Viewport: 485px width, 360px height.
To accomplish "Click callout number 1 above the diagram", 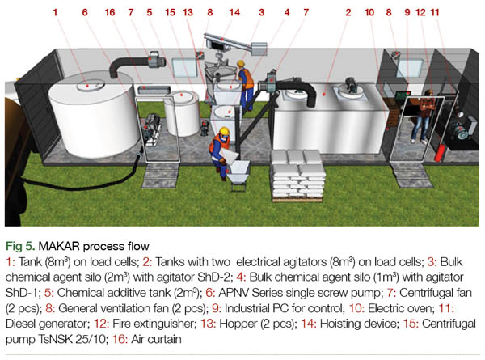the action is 55,12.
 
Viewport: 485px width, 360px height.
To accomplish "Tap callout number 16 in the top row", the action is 110,12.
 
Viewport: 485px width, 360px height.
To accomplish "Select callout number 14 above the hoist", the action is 234,12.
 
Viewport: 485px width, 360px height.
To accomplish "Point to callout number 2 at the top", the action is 348,12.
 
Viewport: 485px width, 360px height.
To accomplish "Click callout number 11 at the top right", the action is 435,12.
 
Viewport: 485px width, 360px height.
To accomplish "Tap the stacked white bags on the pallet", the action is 297,175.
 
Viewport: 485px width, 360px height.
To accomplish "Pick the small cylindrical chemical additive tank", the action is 182,113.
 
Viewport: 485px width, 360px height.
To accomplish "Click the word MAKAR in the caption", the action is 59,246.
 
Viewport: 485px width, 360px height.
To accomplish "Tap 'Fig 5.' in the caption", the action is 20,246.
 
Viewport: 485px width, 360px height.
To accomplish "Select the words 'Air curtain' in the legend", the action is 156,339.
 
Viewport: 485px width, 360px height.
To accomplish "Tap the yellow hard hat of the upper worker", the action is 241,63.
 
